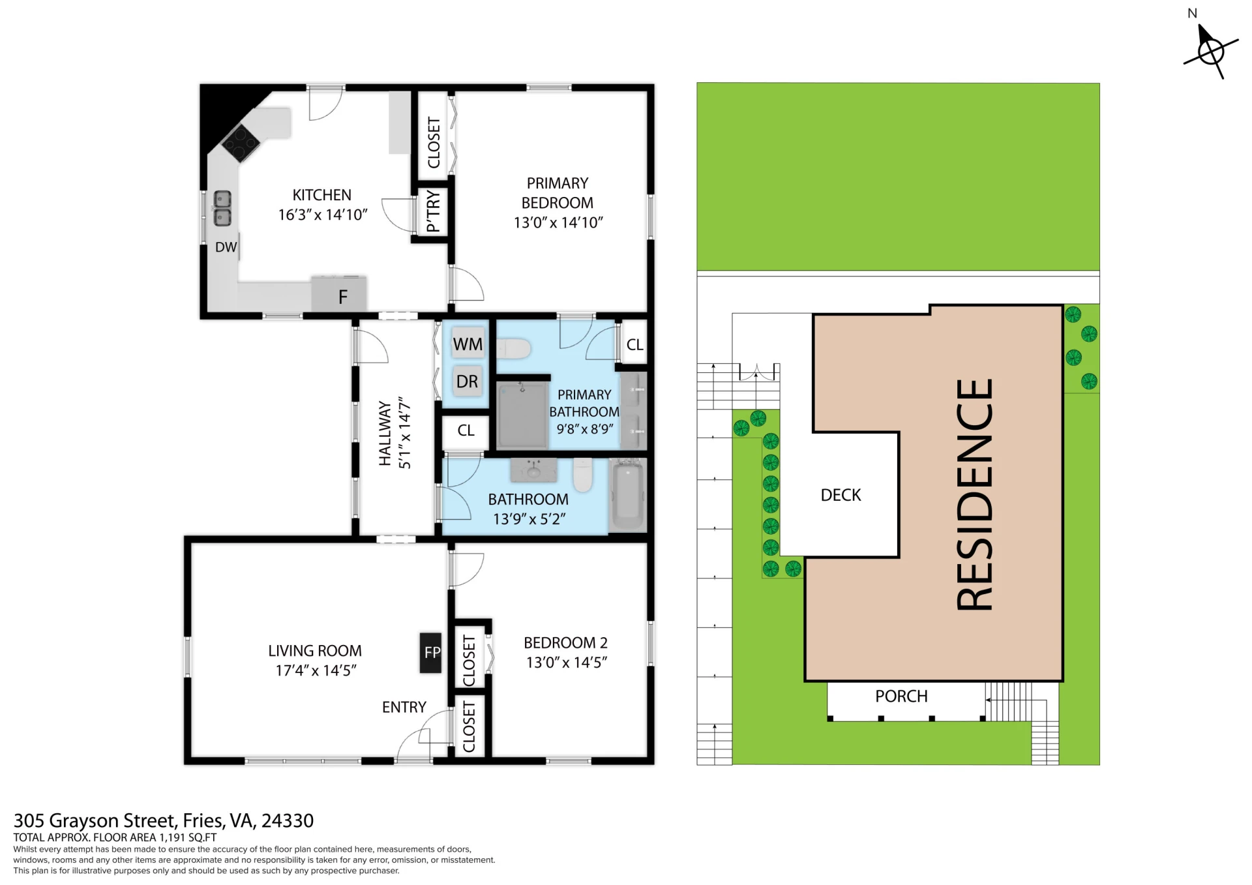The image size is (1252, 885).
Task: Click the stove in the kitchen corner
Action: (x=241, y=143)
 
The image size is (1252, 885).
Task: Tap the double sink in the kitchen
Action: (x=223, y=208)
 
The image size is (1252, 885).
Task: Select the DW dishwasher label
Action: (x=226, y=247)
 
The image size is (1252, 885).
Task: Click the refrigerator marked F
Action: (x=339, y=294)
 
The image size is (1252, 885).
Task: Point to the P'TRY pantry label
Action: (x=433, y=211)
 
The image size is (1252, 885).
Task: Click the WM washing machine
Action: (x=468, y=344)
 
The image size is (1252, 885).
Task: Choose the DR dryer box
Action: (x=468, y=382)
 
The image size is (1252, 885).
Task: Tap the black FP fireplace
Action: (x=430, y=652)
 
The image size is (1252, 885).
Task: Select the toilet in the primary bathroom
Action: (x=514, y=348)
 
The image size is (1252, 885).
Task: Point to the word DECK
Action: (x=841, y=495)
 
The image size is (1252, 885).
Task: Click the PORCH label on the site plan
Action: (x=901, y=697)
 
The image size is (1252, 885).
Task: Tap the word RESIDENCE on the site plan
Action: (x=974, y=494)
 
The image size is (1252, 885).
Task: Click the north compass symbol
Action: (x=1210, y=50)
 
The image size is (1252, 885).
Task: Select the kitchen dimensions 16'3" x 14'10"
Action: (x=323, y=215)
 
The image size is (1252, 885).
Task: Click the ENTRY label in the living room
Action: (x=404, y=707)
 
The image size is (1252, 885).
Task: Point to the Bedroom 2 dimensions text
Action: (x=567, y=663)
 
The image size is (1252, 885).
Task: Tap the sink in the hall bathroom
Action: (x=533, y=469)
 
